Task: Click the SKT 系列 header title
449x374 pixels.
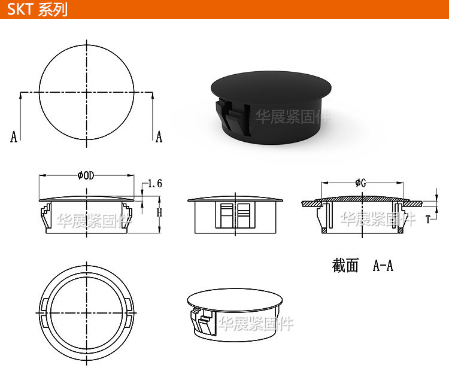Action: pos(37,10)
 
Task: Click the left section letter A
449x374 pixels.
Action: pos(14,137)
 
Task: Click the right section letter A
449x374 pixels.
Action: pos(159,137)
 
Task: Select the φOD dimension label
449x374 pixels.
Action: pos(86,175)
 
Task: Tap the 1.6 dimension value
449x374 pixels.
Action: pos(154,184)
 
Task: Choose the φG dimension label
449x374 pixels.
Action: pos(360,183)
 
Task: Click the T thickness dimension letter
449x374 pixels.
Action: pos(428,220)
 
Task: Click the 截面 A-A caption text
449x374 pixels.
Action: pos(363,266)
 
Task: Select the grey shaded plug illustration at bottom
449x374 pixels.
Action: pos(235,311)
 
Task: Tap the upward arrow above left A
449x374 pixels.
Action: pos(21,95)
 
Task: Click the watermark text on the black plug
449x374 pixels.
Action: pos(293,117)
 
